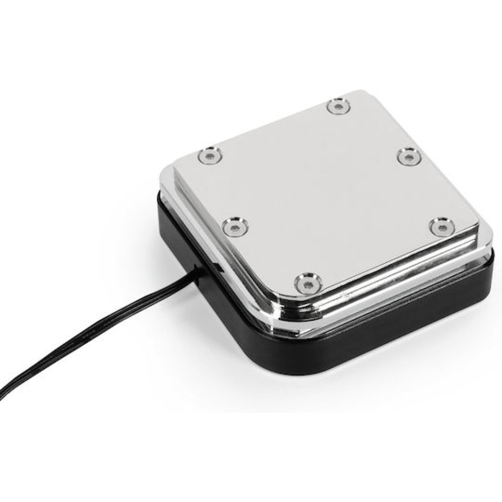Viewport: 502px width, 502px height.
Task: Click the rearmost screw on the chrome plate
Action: pos(338,106)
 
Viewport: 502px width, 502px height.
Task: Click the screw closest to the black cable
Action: pos(234,228)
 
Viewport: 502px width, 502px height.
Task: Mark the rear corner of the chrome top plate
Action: pos(354,93)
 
